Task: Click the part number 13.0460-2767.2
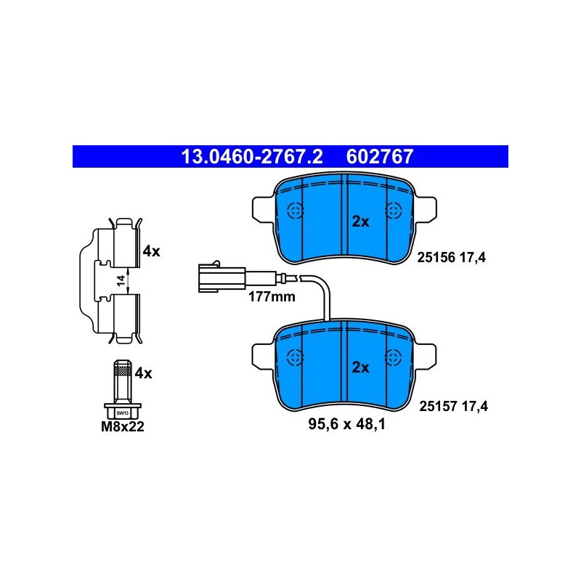tap(252, 157)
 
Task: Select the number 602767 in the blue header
tap(379, 157)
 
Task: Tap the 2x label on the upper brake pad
tap(360, 222)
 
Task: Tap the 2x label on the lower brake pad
tap(360, 367)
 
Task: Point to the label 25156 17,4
tap(451, 257)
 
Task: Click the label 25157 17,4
tap(453, 407)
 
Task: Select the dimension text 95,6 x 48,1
tap(347, 424)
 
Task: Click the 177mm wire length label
tap(272, 297)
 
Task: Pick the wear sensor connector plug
tap(222, 277)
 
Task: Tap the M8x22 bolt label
tap(123, 426)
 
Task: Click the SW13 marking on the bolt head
tap(122, 413)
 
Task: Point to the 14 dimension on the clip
tap(121, 281)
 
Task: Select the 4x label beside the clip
tap(151, 251)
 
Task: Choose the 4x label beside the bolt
tap(143, 373)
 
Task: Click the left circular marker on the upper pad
tap(296, 211)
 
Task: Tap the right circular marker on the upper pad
tap(394, 211)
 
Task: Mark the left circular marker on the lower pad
tap(296, 358)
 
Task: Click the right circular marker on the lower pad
tap(394, 358)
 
